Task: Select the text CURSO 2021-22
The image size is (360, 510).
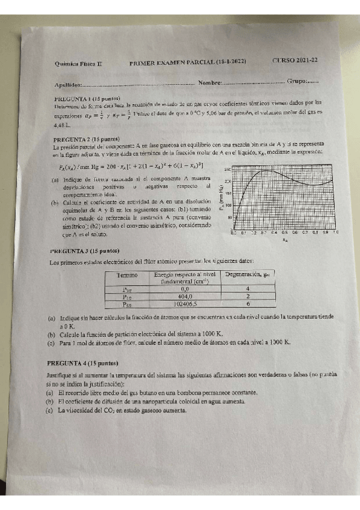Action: (x=295, y=61)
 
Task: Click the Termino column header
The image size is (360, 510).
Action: (x=127, y=275)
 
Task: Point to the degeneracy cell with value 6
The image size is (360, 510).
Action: (x=248, y=304)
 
